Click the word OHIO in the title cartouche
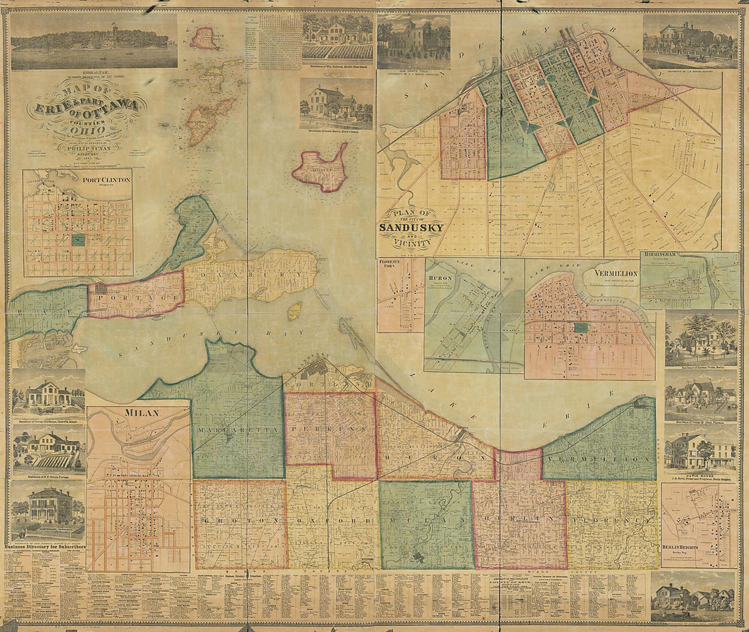click(x=83, y=124)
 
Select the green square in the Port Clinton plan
click(x=78, y=239)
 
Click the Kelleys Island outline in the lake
click(x=319, y=168)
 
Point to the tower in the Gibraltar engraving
click(x=114, y=31)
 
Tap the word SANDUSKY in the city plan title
click(x=412, y=228)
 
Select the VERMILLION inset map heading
click(x=615, y=273)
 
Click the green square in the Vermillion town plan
click(x=580, y=327)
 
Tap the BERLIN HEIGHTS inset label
click(x=683, y=546)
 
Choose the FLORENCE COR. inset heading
click(x=392, y=263)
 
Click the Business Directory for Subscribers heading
click(x=45, y=546)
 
